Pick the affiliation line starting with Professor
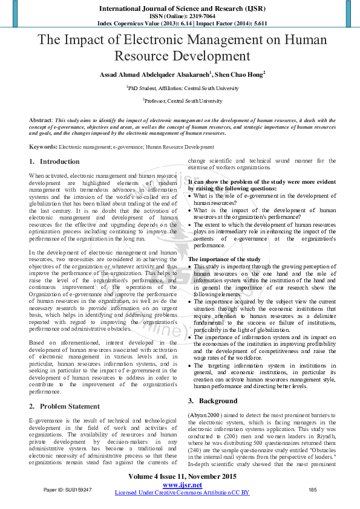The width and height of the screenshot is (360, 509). point(182,101)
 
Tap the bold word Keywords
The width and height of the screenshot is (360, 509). point(43,147)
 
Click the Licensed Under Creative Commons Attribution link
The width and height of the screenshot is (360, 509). point(182,493)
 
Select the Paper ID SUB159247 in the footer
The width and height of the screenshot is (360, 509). point(68,490)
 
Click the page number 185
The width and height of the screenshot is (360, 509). point(313,490)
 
